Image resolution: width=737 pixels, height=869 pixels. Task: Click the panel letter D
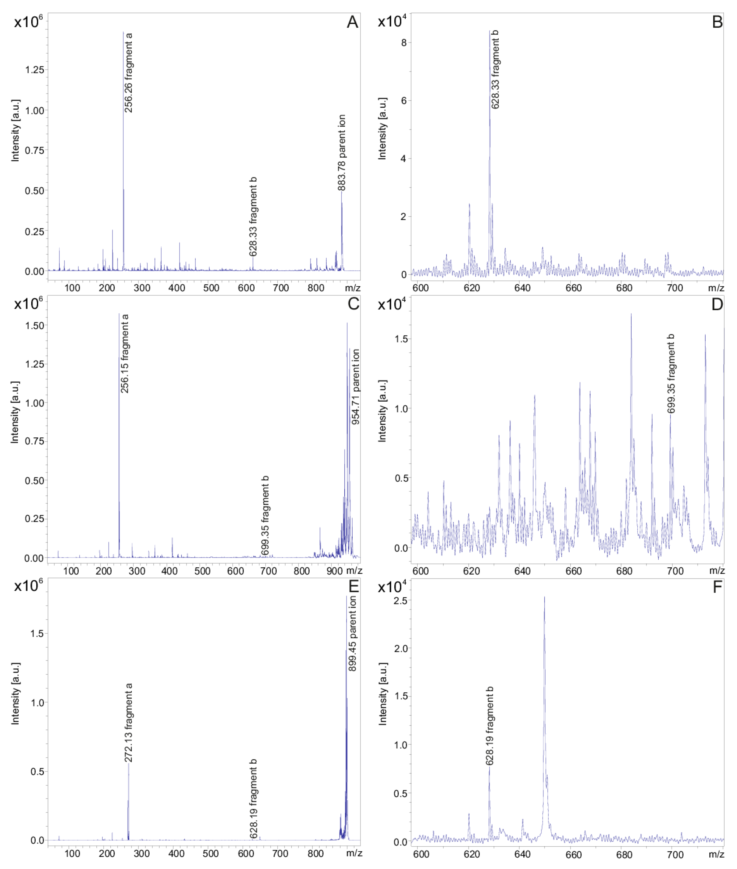(x=717, y=305)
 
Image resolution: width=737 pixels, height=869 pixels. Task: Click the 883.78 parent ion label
(x=342, y=153)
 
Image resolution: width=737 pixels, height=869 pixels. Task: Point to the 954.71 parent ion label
(x=355, y=387)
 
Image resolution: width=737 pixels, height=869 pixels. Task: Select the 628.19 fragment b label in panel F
(x=490, y=725)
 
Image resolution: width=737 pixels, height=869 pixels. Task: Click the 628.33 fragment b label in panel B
(x=495, y=70)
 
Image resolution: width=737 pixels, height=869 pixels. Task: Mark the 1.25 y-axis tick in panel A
(x=35, y=70)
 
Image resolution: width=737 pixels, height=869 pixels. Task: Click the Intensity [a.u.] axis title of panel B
(x=382, y=129)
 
